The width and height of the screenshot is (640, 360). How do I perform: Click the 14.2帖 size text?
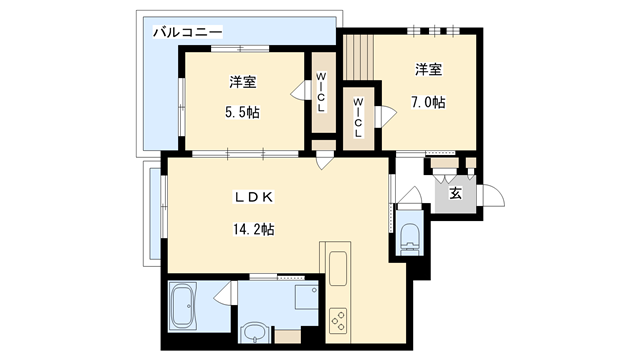click(253, 229)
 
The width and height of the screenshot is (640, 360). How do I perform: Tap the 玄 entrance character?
click(455, 194)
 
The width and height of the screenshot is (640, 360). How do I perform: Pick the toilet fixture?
click(408, 234)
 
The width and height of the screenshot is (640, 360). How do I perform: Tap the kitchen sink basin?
click(337, 268)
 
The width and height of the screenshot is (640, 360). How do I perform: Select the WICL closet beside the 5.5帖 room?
click(322, 92)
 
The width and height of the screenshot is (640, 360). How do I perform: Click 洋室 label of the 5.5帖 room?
click(241, 82)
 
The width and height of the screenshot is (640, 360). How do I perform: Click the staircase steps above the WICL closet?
click(357, 60)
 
